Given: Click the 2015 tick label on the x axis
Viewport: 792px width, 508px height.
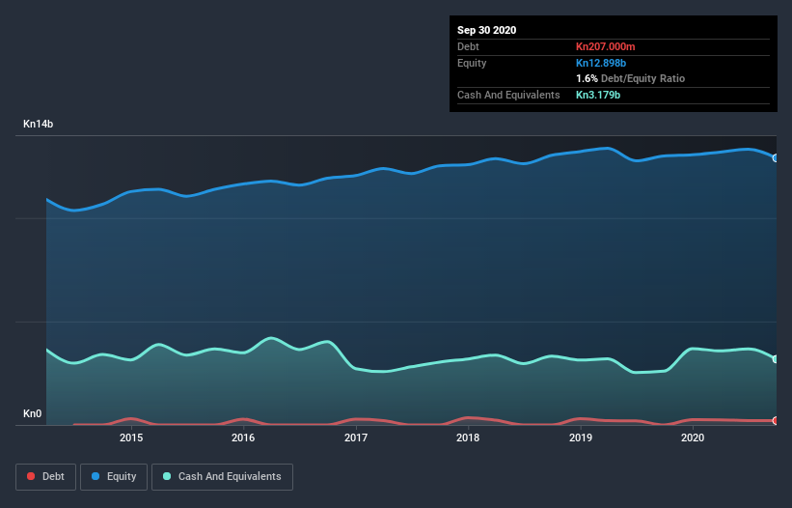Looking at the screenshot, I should pyautogui.click(x=131, y=437).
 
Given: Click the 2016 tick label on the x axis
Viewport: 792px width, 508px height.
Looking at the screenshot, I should pyautogui.click(x=243, y=437).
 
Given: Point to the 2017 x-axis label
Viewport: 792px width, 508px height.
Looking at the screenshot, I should pyautogui.click(x=356, y=437).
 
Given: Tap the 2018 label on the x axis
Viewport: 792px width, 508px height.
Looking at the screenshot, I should pyautogui.click(x=468, y=437).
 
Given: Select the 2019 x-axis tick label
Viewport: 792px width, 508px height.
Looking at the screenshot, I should pyautogui.click(x=581, y=437).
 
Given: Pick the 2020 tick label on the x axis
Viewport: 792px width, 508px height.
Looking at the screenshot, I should pyautogui.click(x=693, y=437).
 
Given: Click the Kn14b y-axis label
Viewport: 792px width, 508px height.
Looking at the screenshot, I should pyautogui.click(x=39, y=125).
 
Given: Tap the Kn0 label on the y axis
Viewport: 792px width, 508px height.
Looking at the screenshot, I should pyautogui.click(x=33, y=414).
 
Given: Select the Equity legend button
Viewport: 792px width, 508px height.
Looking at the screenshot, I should pyautogui.click(x=114, y=476).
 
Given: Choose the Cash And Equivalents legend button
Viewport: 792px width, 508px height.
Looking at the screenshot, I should pyautogui.click(x=222, y=476).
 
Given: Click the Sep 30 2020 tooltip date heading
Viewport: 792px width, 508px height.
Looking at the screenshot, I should pyautogui.click(x=487, y=30).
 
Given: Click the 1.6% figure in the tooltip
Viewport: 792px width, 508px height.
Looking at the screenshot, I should pyautogui.click(x=587, y=78).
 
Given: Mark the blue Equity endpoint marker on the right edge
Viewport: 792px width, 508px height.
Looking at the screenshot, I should pyautogui.click(x=776, y=157).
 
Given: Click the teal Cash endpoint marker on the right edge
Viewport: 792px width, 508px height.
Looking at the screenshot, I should pyautogui.click(x=776, y=359).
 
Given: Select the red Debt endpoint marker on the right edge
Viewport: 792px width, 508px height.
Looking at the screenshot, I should pyautogui.click(x=776, y=421).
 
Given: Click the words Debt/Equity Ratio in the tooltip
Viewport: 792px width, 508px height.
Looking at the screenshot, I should pyautogui.click(x=642, y=78).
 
